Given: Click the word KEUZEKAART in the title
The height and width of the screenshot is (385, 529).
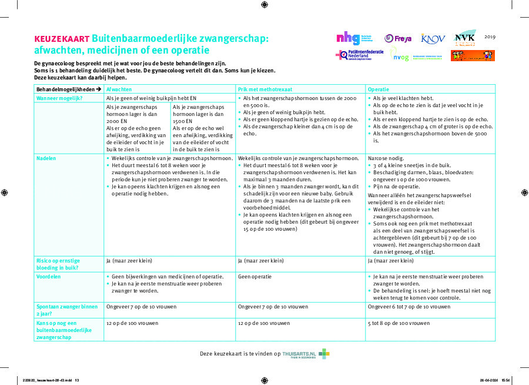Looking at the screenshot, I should click(62, 38).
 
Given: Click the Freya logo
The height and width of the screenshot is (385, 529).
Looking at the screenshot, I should click(398, 38).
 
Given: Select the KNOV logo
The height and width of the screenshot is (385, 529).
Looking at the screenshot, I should click(433, 38).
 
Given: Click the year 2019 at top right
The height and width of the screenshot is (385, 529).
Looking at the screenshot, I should click(490, 36).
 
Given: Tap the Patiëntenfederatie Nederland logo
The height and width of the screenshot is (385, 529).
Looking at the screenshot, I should click(360, 55).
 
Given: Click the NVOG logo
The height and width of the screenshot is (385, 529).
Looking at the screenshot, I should click(400, 56).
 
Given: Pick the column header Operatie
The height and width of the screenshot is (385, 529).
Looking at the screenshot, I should click(379, 89).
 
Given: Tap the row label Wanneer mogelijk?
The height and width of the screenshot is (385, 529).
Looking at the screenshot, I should click(59, 98).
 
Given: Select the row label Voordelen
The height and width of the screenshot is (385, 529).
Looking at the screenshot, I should click(49, 276).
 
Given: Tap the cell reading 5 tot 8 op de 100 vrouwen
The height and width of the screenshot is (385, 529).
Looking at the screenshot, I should click(399, 323).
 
